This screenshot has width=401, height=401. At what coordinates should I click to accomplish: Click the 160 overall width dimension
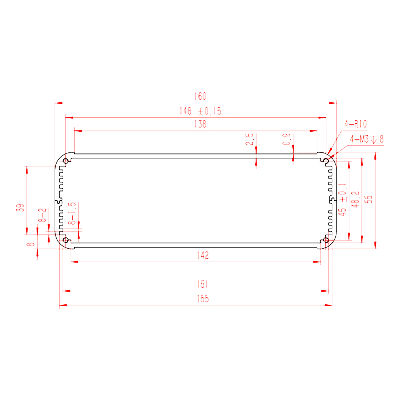coord(200,96)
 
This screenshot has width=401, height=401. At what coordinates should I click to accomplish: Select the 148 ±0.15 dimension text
coord(200,111)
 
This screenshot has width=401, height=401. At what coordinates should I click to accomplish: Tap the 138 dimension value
coord(200,124)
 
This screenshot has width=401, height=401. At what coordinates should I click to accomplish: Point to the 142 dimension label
coord(203,255)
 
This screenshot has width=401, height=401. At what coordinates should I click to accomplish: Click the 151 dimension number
coord(203,284)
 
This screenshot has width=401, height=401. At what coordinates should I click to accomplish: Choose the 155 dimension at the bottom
coord(203,299)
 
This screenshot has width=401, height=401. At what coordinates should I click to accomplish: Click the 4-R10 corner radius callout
coord(355,124)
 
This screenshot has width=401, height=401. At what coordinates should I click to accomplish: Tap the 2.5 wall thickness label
coord(249,139)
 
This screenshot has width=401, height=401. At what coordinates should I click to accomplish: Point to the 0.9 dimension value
coord(286,139)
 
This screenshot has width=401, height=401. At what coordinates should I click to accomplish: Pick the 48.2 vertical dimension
coord(355,199)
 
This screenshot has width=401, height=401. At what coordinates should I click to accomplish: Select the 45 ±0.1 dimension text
coord(342,199)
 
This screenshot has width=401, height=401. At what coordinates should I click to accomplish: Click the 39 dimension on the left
coord(20,208)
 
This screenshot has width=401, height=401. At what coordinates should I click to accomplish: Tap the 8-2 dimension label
coord(42,215)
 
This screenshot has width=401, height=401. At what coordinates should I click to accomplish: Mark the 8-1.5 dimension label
coord(72,214)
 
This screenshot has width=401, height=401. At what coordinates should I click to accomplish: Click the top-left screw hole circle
coord(66,161)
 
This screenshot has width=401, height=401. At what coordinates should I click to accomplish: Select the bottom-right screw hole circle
coord(326,240)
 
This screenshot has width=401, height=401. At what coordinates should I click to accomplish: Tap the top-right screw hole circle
coord(326,161)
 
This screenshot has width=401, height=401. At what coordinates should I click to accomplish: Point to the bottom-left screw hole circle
coord(66,240)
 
